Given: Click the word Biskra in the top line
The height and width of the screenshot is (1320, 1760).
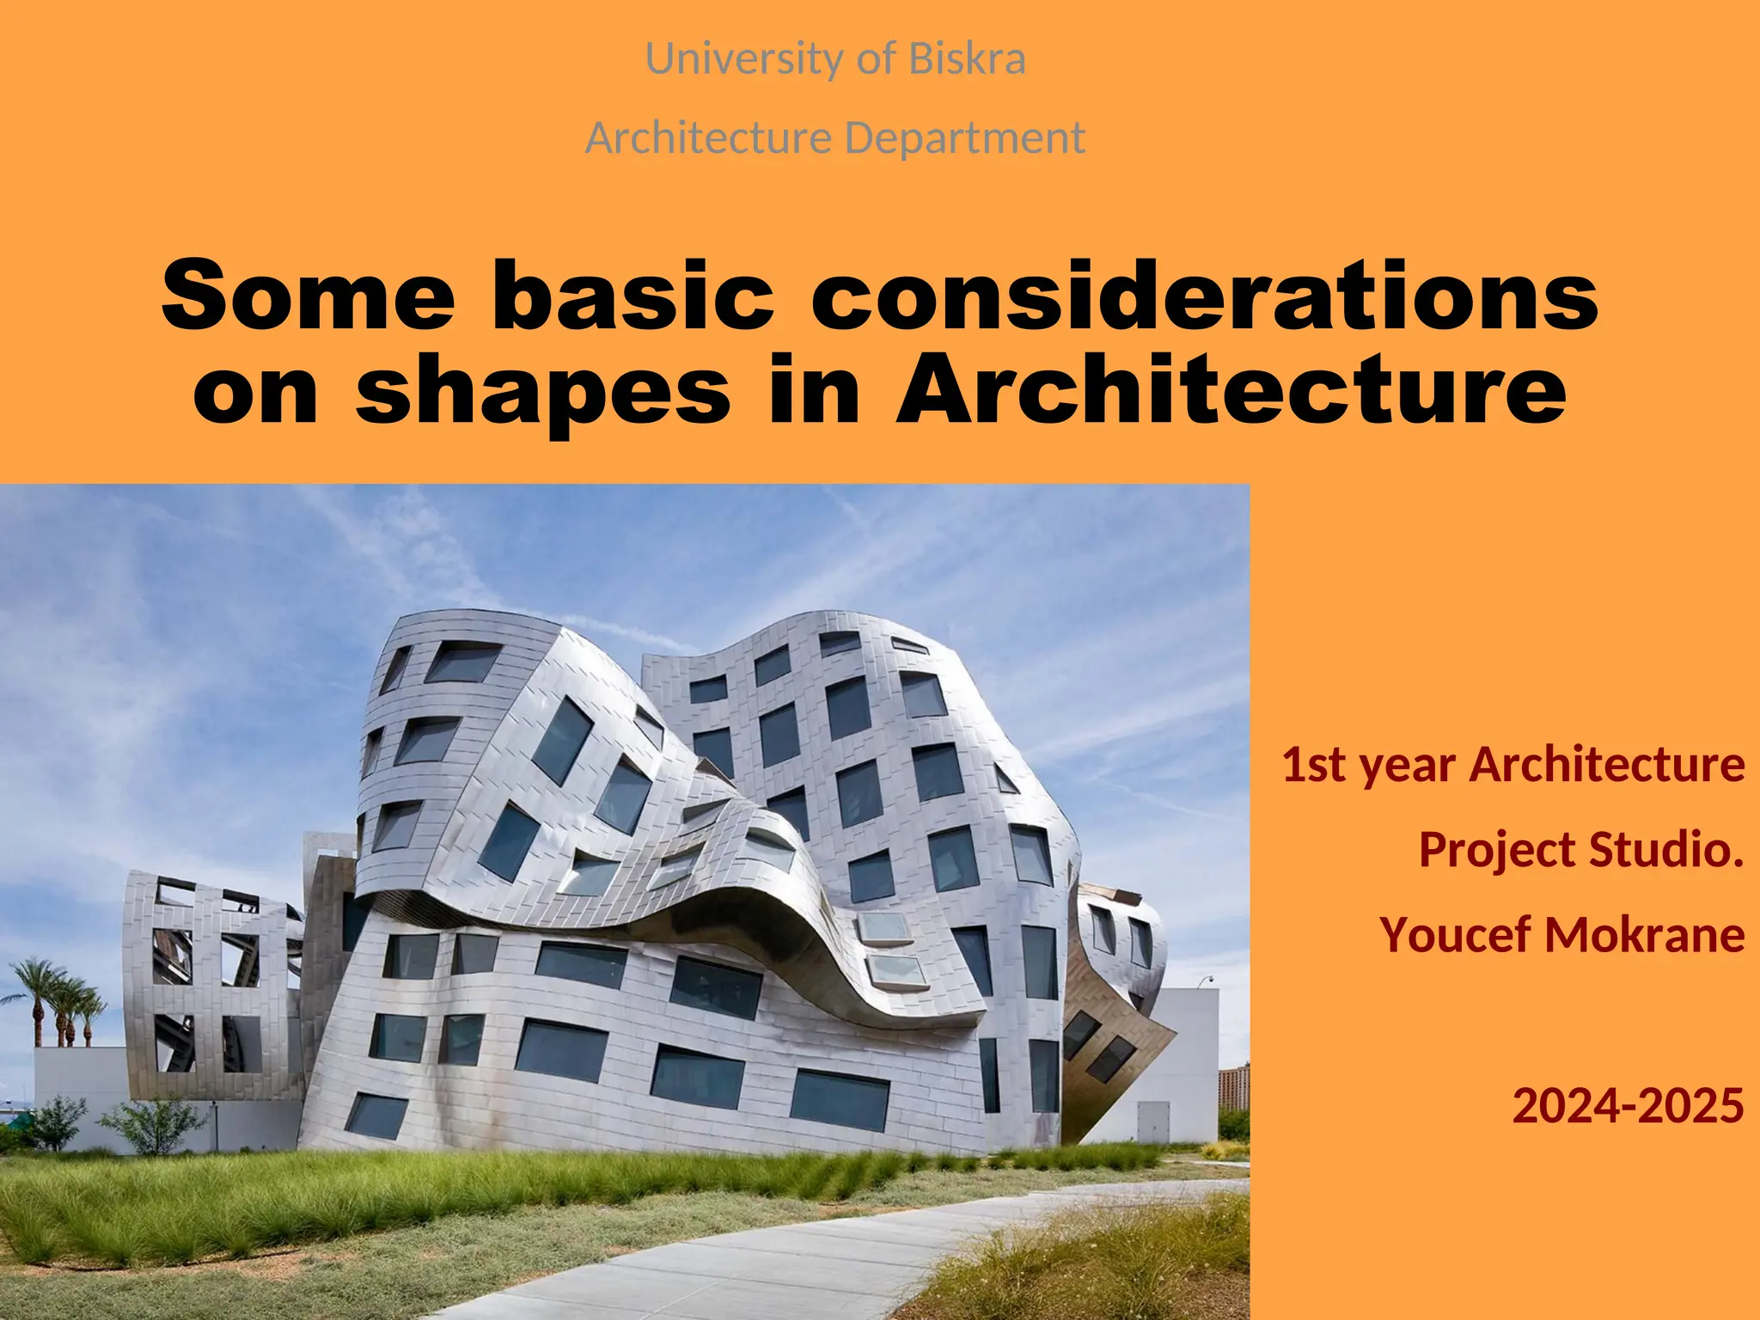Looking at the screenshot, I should (x=967, y=59).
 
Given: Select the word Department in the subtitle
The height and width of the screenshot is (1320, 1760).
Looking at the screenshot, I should (x=964, y=138).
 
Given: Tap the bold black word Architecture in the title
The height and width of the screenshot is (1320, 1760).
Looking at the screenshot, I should (x=1231, y=391).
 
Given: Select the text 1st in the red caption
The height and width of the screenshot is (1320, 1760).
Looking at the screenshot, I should (x=1310, y=764).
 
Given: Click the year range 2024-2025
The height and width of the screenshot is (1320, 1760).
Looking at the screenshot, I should (x=1628, y=1105).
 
